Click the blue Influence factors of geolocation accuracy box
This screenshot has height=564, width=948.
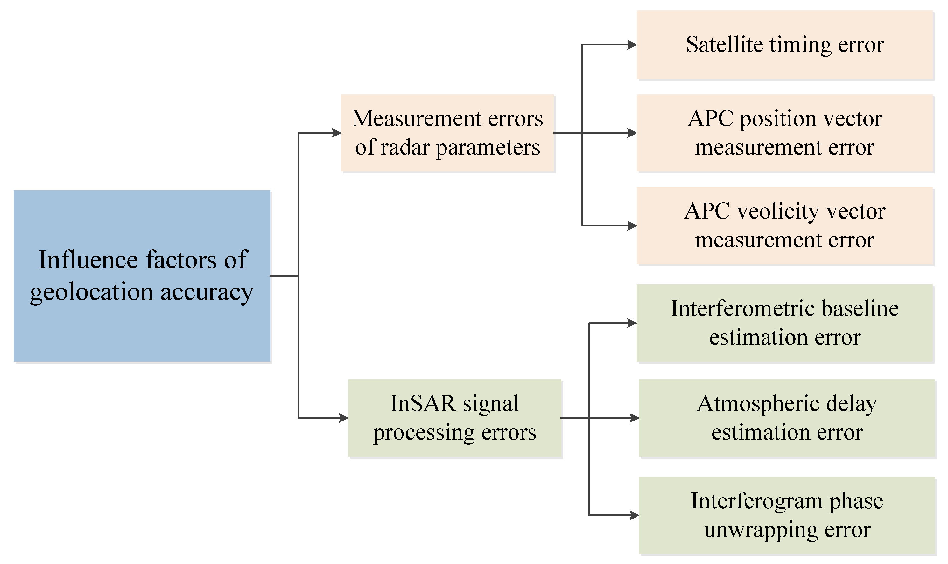pyautogui.click(x=142, y=275)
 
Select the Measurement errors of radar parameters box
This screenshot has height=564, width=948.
pyautogui.click(x=447, y=133)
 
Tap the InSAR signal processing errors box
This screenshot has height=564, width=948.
pyautogui.click(x=455, y=418)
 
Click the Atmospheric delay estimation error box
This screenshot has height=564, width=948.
pyautogui.click(x=787, y=418)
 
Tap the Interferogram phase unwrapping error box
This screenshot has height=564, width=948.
pyautogui.click(x=787, y=515)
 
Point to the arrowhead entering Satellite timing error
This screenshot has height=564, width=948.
pyautogui.click(x=632, y=45)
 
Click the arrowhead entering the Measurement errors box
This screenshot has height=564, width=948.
pyautogui.click(x=336, y=133)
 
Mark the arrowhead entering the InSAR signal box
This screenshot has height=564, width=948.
pyautogui.click(x=344, y=418)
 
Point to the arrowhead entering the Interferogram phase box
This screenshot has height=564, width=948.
pyautogui.click(x=634, y=515)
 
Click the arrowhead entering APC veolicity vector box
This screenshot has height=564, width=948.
pyautogui.click(x=632, y=226)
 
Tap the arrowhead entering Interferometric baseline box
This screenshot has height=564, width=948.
pyautogui.click(x=632, y=323)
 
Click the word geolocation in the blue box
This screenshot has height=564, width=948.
pyautogui.click(x=91, y=293)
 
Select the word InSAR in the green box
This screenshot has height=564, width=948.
pyautogui.click(x=422, y=404)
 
